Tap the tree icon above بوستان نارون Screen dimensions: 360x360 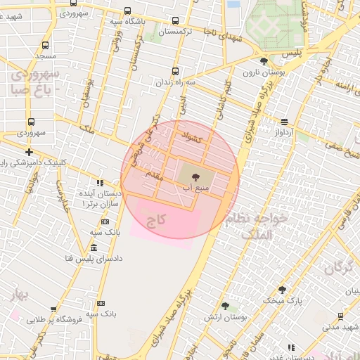coord(263,61)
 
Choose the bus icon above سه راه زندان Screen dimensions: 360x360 coord(175,70)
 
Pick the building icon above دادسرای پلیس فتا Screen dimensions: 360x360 coord(94,248)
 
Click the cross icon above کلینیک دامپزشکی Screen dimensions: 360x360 coord(29,152)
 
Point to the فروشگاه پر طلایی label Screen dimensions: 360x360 coord(54,319)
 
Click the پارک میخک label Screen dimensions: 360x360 coord(282,300)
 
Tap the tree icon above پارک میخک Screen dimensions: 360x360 coord(282,290)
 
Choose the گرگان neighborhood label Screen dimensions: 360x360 coord(337,267)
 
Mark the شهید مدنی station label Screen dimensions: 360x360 coord(340,326)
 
